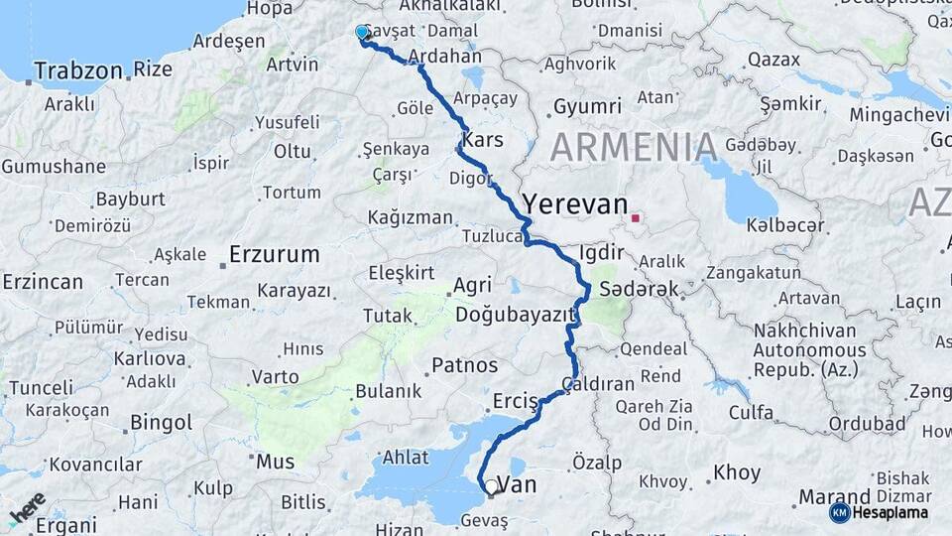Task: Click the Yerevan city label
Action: tap(575, 202)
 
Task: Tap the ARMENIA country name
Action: tap(634, 147)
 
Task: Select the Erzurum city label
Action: tap(274, 254)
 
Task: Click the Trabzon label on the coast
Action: tap(78, 70)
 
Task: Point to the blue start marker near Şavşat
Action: tap(362, 33)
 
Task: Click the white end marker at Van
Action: tap(490, 487)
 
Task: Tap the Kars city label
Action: tap(483, 140)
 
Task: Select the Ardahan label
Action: tap(444, 56)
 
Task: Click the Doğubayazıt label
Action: tap(516, 315)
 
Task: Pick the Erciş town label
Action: tap(515, 401)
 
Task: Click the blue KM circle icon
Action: tap(839, 512)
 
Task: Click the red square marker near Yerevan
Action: tap(635, 217)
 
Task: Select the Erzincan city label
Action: tap(43, 282)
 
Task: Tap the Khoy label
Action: tap(736, 474)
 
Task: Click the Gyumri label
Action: tap(587, 106)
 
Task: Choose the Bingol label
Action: tap(161, 423)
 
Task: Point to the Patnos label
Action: tap(464, 365)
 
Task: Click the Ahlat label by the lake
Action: tap(407, 458)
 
